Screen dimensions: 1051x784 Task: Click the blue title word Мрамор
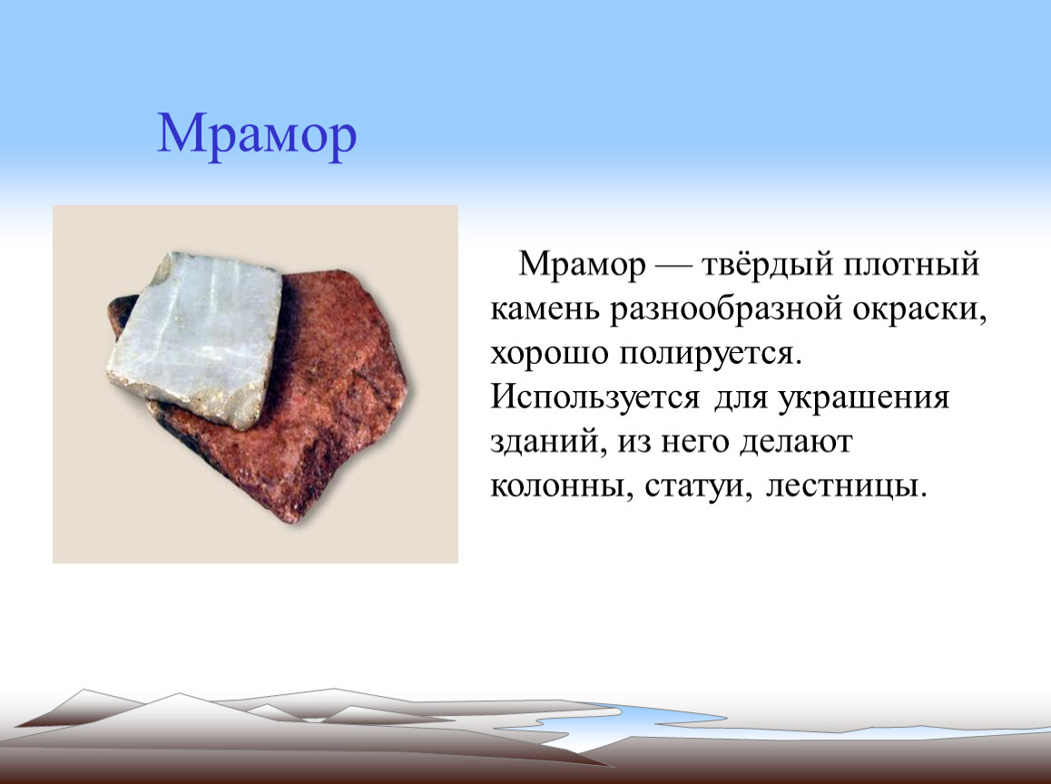click(x=257, y=136)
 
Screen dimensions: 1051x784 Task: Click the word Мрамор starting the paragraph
click(x=582, y=264)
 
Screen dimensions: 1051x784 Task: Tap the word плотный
click(x=911, y=264)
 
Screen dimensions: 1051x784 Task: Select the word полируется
click(x=710, y=353)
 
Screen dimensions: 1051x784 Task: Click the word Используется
click(x=594, y=397)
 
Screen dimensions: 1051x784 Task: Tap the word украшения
click(x=863, y=397)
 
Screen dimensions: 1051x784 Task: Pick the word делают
click(x=796, y=442)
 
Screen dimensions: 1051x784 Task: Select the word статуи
click(x=697, y=486)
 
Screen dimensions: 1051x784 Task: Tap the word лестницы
click(x=847, y=486)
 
